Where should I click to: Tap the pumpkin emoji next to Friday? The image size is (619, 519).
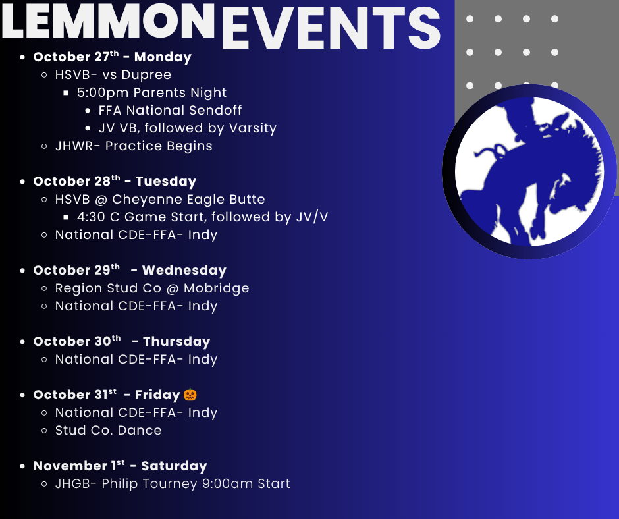coord(190,394)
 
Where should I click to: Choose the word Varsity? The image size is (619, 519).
coord(253,128)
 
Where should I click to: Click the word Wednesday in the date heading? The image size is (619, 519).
coord(184,270)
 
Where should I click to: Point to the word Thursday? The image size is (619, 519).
coord(176,341)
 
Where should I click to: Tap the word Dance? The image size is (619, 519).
coord(140,430)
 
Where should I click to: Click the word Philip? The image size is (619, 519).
coord(120,484)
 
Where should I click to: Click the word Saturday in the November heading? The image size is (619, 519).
coord(174,466)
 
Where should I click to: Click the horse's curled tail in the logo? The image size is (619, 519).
coord(489,152)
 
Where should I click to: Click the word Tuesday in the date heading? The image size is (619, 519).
coord(166,181)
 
